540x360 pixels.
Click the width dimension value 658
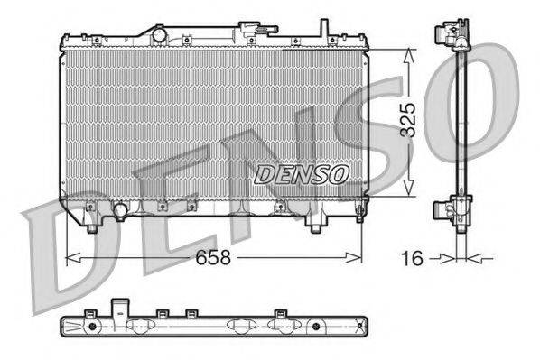(214, 257)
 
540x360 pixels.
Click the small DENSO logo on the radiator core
(298, 173)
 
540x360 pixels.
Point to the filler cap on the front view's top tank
(159, 34)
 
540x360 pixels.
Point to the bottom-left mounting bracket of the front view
(91, 214)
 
